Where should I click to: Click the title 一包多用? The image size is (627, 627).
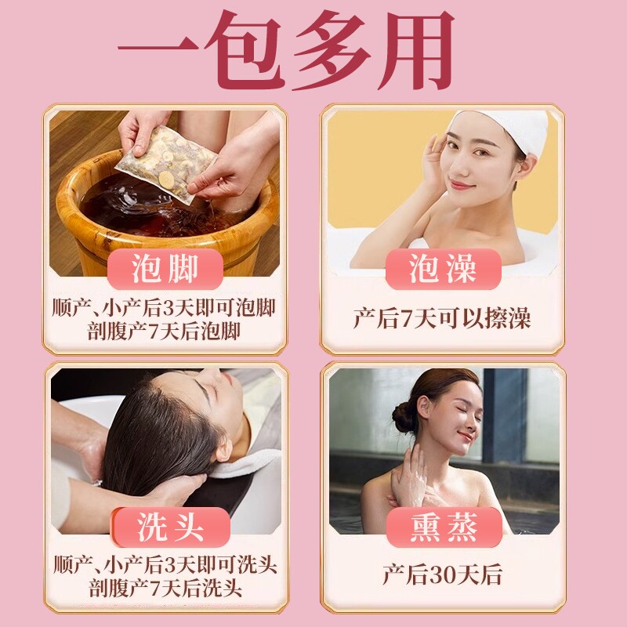[287, 50]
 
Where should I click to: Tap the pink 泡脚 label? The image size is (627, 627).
[165, 269]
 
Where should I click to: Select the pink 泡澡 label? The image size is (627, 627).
[443, 269]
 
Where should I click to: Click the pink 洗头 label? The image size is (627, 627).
[171, 527]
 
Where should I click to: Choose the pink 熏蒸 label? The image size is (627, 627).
[444, 527]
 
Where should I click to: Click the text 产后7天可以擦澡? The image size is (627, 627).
[442, 318]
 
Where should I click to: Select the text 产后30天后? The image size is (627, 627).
[442, 575]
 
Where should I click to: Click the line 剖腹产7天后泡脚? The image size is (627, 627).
[164, 332]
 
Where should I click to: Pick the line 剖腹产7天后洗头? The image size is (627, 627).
[165, 589]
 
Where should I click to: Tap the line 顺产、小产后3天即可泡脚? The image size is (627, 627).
[164, 308]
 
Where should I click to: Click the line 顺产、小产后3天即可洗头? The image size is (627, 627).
[165, 564]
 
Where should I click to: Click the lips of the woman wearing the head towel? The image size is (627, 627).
[461, 185]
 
